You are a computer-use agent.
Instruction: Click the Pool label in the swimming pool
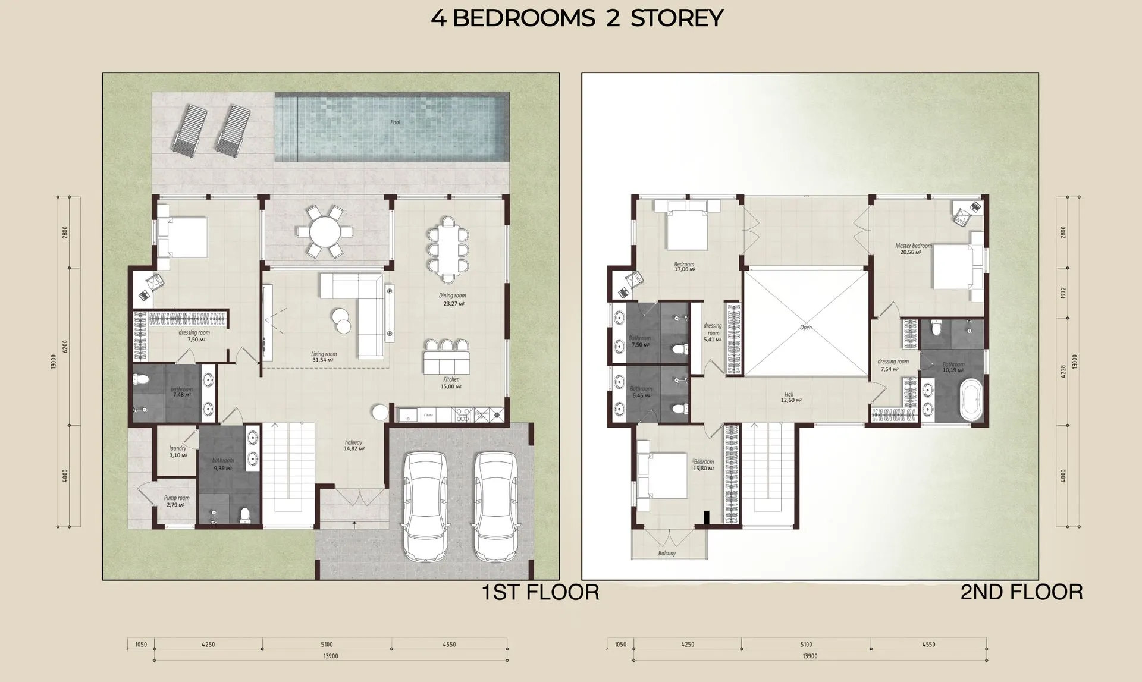[395, 122]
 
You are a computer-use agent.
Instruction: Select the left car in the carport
[423, 505]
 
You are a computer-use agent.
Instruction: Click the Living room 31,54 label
[324, 357]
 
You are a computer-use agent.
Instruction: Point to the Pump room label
[177, 501]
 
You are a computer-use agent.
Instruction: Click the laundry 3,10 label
[178, 452]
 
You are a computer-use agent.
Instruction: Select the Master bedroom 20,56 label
[913, 249]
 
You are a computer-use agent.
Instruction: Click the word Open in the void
[805, 328]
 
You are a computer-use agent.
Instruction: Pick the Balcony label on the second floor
[667, 553]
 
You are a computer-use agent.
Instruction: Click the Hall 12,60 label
[790, 397]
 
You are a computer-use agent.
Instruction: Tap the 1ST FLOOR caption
[540, 592]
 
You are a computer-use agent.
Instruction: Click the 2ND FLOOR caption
[1021, 592]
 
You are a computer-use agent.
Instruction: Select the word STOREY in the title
[677, 18]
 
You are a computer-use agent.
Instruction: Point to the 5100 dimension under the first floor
[327, 645]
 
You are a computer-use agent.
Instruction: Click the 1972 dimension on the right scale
[1063, 293]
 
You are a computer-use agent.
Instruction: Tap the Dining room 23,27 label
[452, 299]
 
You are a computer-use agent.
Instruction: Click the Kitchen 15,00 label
[451, 383]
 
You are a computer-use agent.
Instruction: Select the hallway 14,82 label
[353, 445]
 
